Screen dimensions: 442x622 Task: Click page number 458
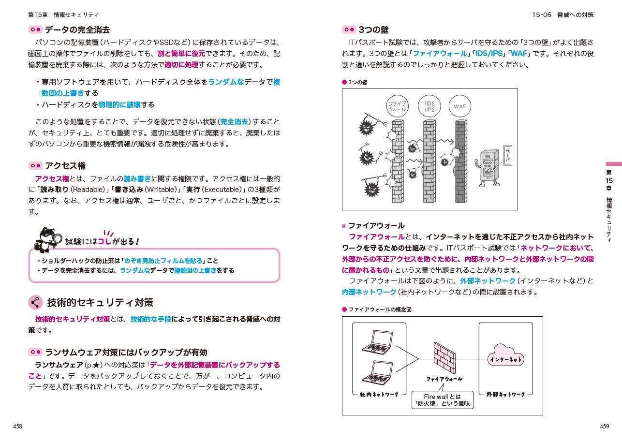pyautogui.click(x=17, y=426)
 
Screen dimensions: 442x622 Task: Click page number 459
pyautogui.click(x=604, y=426)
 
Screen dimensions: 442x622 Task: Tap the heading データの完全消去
pyautogui.click(x=77, y=30)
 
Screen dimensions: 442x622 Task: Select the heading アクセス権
pyautogui.click(x=65, y=166)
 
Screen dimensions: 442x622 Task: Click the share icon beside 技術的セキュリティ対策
pyautogui.click(x=35, y=303)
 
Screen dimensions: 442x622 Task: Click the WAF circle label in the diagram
pyautogui.click(x=459, y=106)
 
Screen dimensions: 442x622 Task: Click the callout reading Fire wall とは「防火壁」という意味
pyautogui.click(x=442, y=400)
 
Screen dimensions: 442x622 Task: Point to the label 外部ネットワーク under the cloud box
pyautogui.click(x=505, y=395)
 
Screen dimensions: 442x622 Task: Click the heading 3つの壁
pyautogui.click(x=373, y=30)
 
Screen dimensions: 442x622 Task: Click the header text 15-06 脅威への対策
pyautogui.click(x=563, y=15)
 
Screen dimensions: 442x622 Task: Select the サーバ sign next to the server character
pyautogui.click(x=507, y=156)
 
